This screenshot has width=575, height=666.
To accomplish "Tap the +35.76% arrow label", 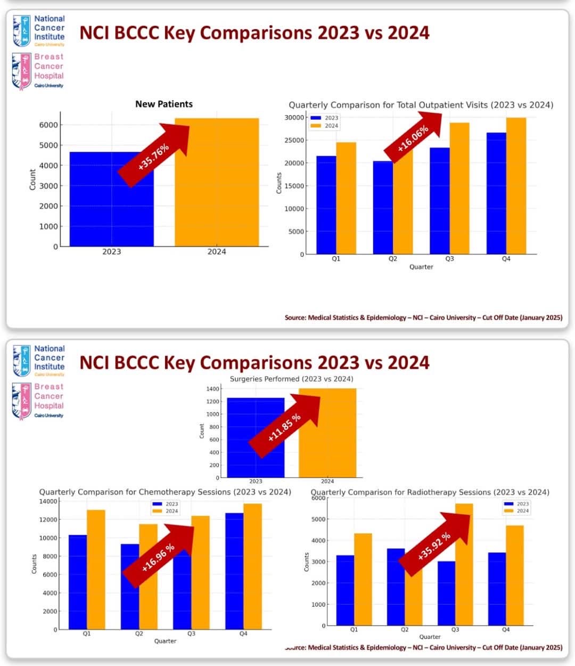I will click(153, 157).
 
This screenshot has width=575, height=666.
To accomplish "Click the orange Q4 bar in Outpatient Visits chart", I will click(516, 186).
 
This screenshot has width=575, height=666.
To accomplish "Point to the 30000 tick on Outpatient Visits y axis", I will click(294, 118).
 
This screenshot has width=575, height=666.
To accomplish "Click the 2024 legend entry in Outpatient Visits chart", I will click(331, 126).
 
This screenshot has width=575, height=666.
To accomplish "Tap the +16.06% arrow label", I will click(413, 139).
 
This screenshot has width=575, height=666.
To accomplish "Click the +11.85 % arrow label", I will click(284, 427).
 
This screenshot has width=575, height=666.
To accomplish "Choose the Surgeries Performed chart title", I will click(291, 379).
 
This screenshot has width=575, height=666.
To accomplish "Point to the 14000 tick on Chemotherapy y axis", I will click(48, 501).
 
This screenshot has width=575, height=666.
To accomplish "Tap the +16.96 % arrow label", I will click(158, 557).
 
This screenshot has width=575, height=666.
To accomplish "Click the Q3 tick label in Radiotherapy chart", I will click(455, 630).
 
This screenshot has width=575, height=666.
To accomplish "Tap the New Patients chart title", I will click(164, 104).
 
